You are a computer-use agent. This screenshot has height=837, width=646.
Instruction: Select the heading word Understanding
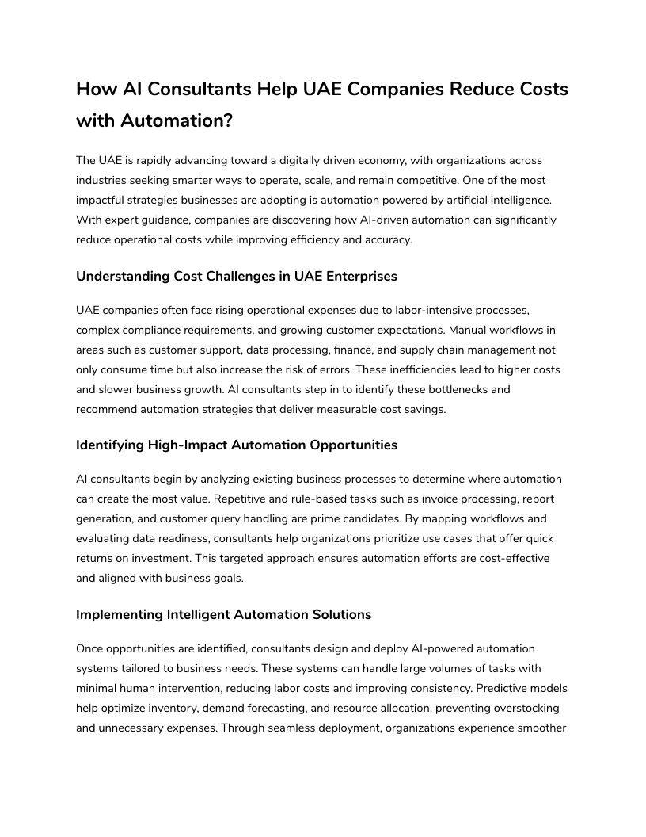[123, 276]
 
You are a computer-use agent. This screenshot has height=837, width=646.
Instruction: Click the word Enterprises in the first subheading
[359, 276]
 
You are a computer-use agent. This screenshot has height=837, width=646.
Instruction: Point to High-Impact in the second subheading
[188, 445]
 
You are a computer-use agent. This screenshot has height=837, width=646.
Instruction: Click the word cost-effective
[511, 558]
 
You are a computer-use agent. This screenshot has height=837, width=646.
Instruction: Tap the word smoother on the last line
[542, 728]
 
